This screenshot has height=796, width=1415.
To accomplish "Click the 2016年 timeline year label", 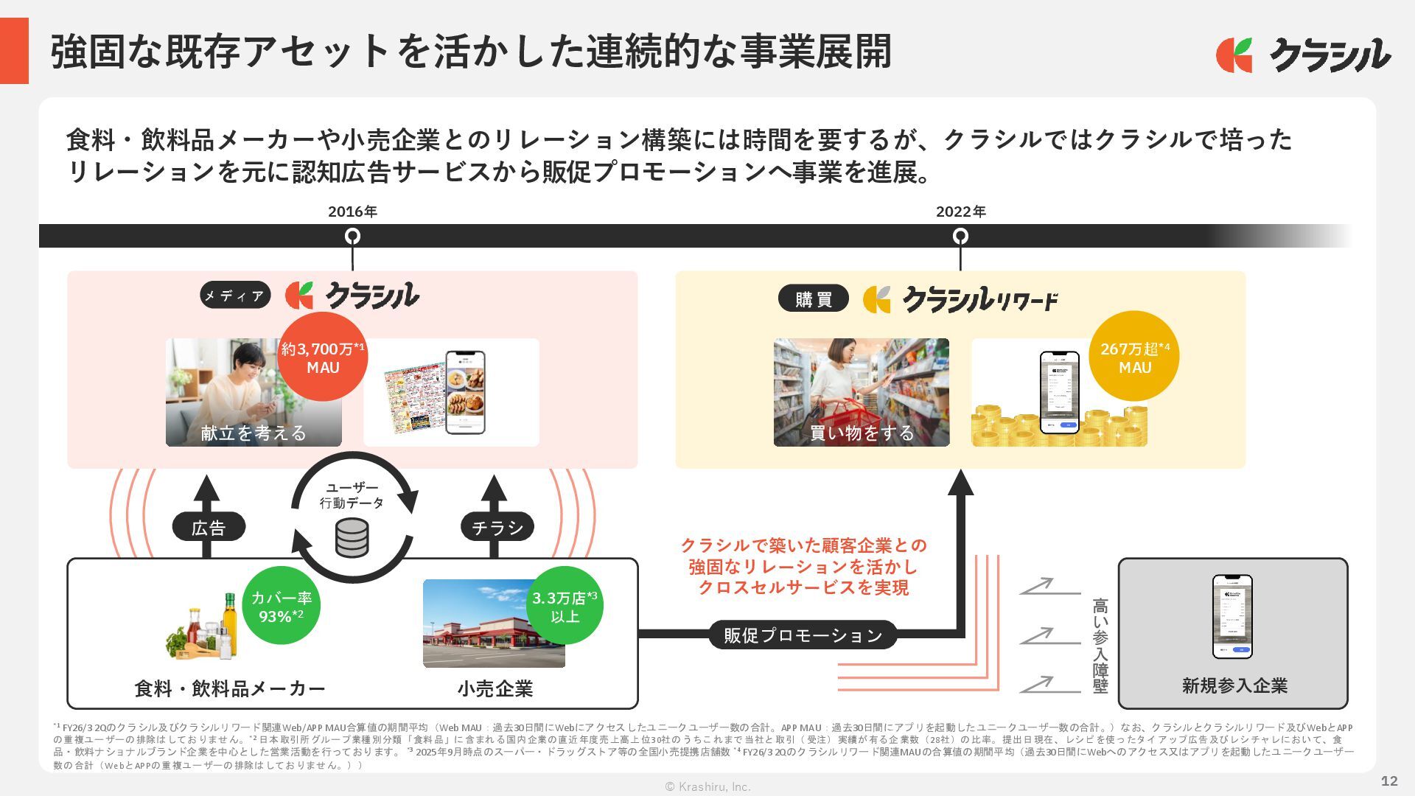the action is [352, 212].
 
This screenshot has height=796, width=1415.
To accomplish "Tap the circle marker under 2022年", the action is [960, 237].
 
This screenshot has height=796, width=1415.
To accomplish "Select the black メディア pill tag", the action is [235, 296].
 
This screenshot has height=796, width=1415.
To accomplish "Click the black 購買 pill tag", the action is [814, 299].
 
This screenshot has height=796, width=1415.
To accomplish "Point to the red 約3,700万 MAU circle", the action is [323, 357].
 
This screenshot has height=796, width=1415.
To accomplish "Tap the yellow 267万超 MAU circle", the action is [1134, 357].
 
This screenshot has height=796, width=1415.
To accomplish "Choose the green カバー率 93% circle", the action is [281, 607].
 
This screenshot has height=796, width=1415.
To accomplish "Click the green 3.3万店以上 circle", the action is [565, 607].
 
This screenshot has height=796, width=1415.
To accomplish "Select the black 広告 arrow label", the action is [209, 528].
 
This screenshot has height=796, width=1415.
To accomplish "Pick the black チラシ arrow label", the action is [497, 528].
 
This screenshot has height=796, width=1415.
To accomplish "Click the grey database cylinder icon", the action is [352, 538].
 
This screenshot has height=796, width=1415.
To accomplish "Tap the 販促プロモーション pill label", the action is [803, 635].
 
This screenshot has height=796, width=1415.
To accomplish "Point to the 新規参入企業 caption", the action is [1234, 686].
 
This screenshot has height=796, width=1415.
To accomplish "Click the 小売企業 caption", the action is [495, 689].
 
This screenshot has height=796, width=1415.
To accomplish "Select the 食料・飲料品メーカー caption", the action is [230, 689].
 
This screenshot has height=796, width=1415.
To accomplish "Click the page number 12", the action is [1389, 781].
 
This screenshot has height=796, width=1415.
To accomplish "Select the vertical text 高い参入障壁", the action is [1100, 646].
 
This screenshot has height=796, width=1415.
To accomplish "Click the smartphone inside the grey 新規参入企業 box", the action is [1232, 617].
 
